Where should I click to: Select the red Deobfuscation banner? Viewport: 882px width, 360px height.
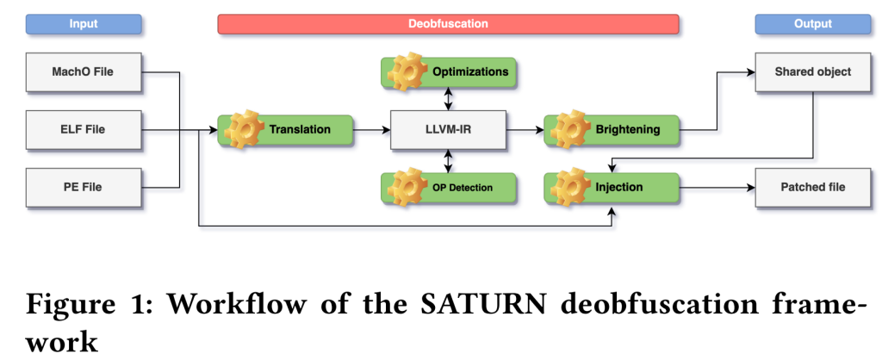[x=448, y=24]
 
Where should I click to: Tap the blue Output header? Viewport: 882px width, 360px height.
[x=812, y=24]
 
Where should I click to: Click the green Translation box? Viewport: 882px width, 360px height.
[x=286, y=129]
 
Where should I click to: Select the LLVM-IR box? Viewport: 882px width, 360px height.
[x=448, y=129]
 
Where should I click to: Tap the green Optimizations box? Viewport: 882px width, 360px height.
[x=448, y=72]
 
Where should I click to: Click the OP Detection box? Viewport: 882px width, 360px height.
[x=448, y=187]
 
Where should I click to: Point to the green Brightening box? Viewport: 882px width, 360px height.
[x=612, y=129]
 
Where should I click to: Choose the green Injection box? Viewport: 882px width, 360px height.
[x=612, y=187]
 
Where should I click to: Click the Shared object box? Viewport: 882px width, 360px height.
[x=812, y=71]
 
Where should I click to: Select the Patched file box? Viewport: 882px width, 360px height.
[x=812, y=187]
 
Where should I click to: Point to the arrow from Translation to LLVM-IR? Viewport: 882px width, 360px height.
[x=372, y=129]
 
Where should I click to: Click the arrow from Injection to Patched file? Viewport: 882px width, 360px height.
[x=717, y=187]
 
